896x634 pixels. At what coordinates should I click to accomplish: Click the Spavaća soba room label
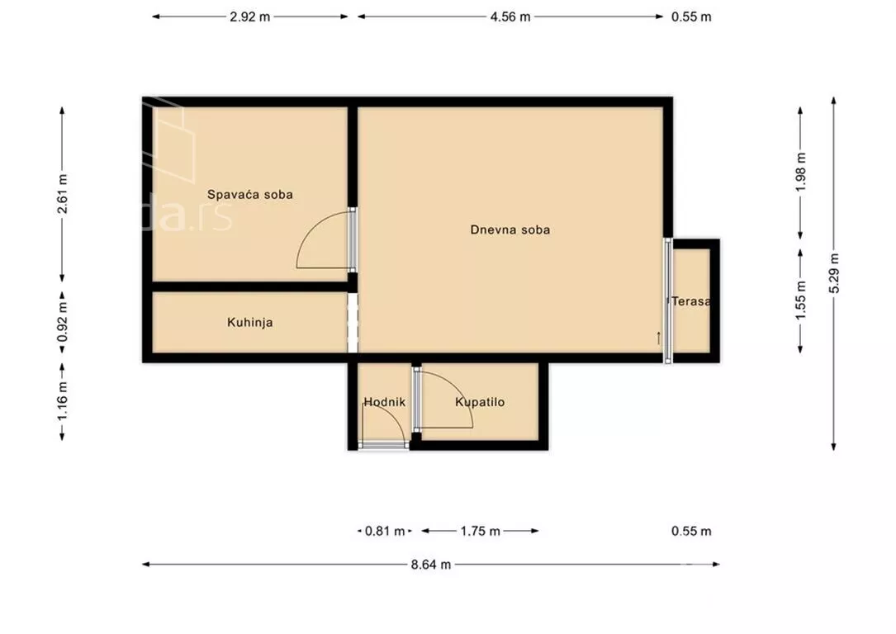click(249, 195)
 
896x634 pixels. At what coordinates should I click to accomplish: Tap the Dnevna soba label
click(510, 229)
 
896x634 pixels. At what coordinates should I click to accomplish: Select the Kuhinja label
click(249, 323)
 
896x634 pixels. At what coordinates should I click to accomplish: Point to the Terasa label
click(691, 301)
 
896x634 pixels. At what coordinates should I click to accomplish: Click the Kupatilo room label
click(480, 402)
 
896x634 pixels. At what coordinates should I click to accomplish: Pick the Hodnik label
click(385, 402)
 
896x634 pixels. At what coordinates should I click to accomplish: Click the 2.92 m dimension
click(249, 17)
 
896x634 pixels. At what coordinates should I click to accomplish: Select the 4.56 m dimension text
click(510, 17)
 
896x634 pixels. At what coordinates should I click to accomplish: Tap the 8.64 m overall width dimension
click(431, 565)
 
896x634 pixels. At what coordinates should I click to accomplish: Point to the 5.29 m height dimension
click(834, 273)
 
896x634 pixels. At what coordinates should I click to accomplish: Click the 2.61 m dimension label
click(62, 195)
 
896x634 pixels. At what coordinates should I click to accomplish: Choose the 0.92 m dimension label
click(62, 323)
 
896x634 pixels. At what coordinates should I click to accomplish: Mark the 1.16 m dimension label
click(62, 402)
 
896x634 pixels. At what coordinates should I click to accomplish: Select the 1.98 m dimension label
click(800, 173)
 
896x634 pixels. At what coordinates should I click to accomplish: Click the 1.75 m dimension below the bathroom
click(480, 531)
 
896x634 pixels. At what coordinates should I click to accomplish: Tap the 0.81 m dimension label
click(385, 531)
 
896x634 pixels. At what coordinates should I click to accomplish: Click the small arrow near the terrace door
click(658, 338)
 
